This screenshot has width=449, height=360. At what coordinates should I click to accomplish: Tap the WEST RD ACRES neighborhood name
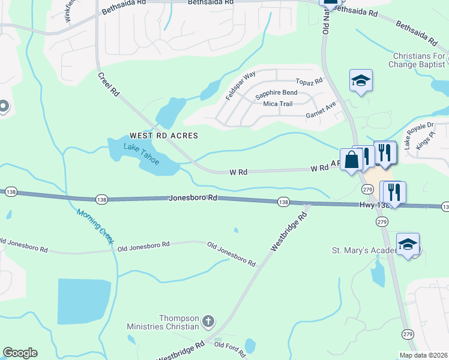coord(164,136)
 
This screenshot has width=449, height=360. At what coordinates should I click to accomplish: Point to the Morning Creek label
coord(95,226)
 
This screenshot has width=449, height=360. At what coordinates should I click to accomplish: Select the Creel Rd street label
coord(109,86)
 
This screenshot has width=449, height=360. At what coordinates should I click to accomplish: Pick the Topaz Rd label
coord(309,81)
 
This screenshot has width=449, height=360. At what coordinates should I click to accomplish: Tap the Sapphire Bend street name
coord(276,93)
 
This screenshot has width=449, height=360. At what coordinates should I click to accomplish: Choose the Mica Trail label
coord(277,104)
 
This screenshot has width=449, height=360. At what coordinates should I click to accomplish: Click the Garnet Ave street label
coord(321,109)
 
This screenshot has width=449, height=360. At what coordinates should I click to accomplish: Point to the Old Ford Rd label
coord(228,345)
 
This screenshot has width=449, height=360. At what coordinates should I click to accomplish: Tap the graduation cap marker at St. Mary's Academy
coord(408,244)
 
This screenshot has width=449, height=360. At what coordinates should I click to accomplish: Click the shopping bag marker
coord(352,158)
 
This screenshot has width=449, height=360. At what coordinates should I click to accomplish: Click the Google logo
coord(20,353)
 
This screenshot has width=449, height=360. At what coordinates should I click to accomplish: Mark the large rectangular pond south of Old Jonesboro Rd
coord(84,302)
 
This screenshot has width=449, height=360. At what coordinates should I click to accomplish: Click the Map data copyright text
coord(424,355)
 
